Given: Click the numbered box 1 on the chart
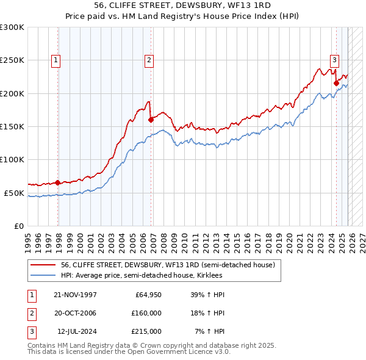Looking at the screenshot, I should click(56, 60).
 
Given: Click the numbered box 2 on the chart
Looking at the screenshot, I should click(148, 60).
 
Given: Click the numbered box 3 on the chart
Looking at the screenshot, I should click(334, 60).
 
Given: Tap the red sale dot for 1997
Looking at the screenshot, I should click(58, 182).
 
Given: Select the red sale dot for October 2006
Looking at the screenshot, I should click(151, 120).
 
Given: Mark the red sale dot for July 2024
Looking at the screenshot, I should click(336, 83).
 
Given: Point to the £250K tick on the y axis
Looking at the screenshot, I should click(12, 60).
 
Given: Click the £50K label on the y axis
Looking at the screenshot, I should click(14, 193).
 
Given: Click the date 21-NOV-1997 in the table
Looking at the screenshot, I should click(75, 295).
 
